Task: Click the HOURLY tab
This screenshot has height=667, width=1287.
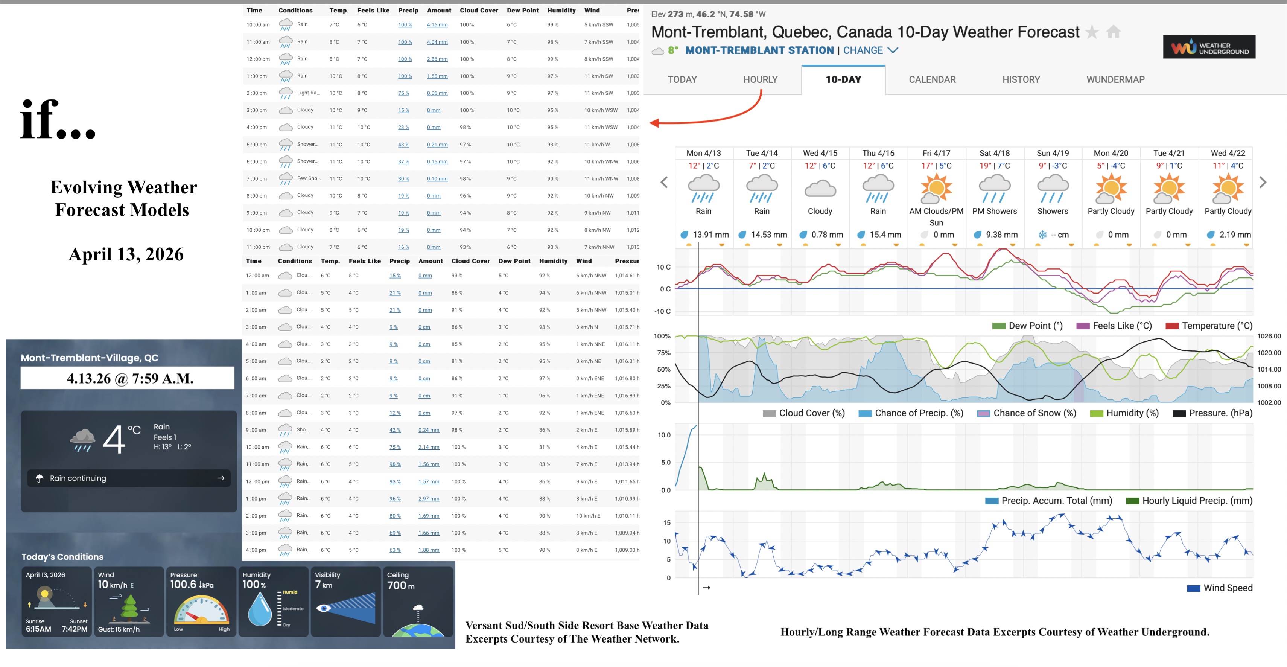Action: [x=760, y=79]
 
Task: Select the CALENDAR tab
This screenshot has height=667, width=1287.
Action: [x=932, y=79]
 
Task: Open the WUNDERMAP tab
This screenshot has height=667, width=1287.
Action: [x=1115, y=79]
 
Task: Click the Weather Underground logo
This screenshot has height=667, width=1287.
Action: [x=1209, y=47]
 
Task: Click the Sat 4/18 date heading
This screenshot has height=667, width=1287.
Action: [x=994, y=153]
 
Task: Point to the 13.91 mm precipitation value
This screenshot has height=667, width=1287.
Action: [x=710, y=235]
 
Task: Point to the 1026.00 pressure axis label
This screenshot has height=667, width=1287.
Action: [x=1269, y=336]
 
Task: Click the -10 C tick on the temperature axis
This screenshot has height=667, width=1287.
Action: [x=662, y=311]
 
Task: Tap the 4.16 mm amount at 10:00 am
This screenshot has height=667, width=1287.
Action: [x=437, y=25]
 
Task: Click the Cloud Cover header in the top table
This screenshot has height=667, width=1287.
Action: [x=479, y=11]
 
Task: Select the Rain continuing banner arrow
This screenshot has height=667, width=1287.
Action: [x=221, y=478]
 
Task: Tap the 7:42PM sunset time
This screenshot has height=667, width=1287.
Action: [x=75, y=629]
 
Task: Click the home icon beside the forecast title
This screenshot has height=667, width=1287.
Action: [x=1113, y=32]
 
